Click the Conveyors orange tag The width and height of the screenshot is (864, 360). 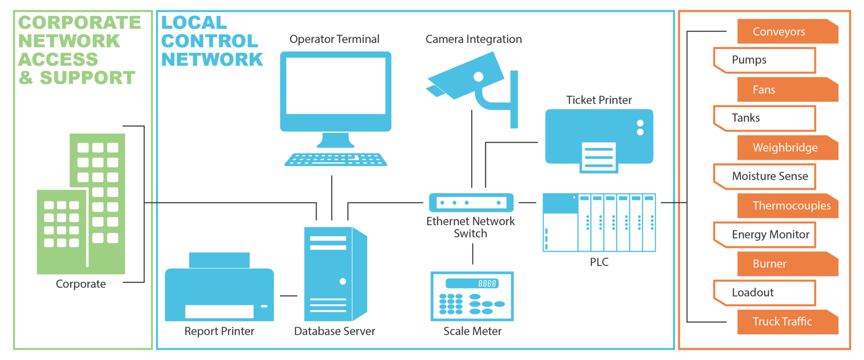click(x=787, y=31)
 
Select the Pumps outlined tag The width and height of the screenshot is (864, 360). click(x=764, y=60)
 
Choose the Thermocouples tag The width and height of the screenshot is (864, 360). click(x=787, y=206)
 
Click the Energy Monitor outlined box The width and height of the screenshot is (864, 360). click(x=765, y=234)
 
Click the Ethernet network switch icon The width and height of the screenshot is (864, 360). click(x=471, y=202)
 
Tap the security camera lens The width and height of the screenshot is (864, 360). click(x=479, y=77)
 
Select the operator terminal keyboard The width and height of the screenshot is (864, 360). click(x=336, y=160)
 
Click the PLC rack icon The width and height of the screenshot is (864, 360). click(x=599, y=223)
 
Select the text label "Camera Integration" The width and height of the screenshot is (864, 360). click(x=473, y=40)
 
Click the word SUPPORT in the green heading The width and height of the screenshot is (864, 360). click(x=87, y=78)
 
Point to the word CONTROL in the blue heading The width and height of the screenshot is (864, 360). click(x=210, y=41)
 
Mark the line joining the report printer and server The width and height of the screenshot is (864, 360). click(x=288, y=296)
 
